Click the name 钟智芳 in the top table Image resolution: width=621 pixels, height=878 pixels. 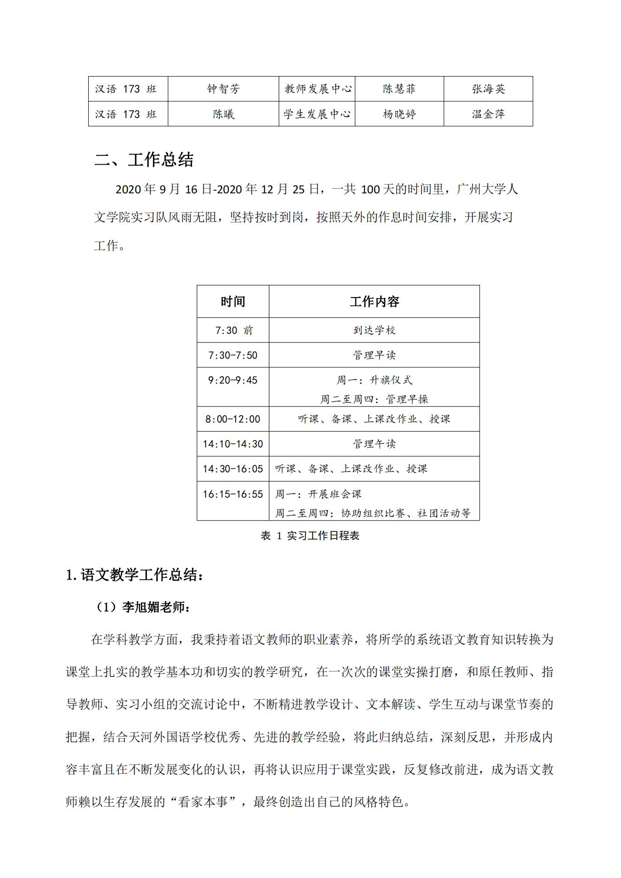tap(223, 89)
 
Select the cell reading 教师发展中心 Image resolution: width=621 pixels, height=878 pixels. tap(317, 89)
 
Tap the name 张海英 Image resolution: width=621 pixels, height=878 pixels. tap(488, 89)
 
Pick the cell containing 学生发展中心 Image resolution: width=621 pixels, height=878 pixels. tap(317, 114)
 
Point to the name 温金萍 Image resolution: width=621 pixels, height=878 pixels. tap(488, 114)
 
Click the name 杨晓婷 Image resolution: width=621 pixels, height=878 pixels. tap(399, 114)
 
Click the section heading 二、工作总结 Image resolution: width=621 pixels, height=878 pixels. tap(144, 160)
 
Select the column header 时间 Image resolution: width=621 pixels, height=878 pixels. tap(233, 301)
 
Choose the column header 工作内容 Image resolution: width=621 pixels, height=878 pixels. tap(374, 301)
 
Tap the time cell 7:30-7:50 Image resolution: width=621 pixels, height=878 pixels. tap(233, 355)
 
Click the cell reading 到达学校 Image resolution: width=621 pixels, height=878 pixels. tap(374, 330)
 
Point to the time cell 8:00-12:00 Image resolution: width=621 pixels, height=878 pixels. tap(233, 419)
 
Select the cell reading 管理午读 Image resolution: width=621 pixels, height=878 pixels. tap(374, 444)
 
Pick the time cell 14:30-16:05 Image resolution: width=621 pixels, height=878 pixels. tap(233, 469)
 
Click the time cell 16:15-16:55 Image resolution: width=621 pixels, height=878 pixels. tap(233, 494)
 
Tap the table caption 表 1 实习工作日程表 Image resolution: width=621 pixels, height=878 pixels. tap(310, 536)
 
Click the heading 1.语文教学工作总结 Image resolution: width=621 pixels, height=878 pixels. tap(135, 575)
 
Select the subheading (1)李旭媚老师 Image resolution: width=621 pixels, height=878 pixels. tap(143, 607)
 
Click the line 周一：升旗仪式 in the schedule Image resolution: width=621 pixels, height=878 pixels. tap(374, 380)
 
